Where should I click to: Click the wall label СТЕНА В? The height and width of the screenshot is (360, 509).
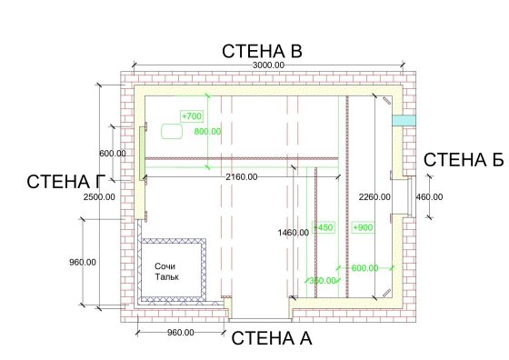tap(262, 51)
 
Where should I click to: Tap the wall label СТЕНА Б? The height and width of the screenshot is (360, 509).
tap(464, 160)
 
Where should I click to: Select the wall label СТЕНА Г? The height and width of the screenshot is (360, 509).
tap(66, 182)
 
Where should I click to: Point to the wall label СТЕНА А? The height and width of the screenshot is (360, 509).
tap(272, 338)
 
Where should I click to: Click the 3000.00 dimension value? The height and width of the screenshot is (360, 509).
tap(268, 65)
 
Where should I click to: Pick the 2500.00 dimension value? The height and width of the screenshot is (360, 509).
tap(99, 197)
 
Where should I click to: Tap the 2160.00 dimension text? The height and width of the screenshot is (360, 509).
tap(242, 177)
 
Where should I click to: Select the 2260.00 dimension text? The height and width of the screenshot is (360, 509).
tap(374, 197)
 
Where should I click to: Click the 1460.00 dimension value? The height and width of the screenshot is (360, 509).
tap(294, 233)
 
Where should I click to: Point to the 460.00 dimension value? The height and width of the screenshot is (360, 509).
tap(429, 197)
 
